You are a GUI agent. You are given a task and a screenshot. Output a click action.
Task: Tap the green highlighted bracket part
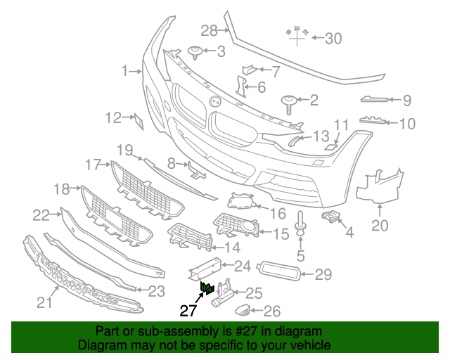(x=207, y=287)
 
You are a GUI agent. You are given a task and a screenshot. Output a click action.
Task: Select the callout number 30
(x=333, y=39)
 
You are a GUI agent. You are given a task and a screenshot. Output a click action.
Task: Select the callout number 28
(x=210, y=30)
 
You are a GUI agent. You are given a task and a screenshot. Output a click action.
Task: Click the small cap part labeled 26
(x=243, y=309)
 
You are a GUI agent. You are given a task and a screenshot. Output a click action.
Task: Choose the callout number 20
(x=380, y=225)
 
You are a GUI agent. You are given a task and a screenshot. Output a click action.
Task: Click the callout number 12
(x=114, y=118)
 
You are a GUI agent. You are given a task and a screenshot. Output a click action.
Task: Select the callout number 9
(x=407, y=101)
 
